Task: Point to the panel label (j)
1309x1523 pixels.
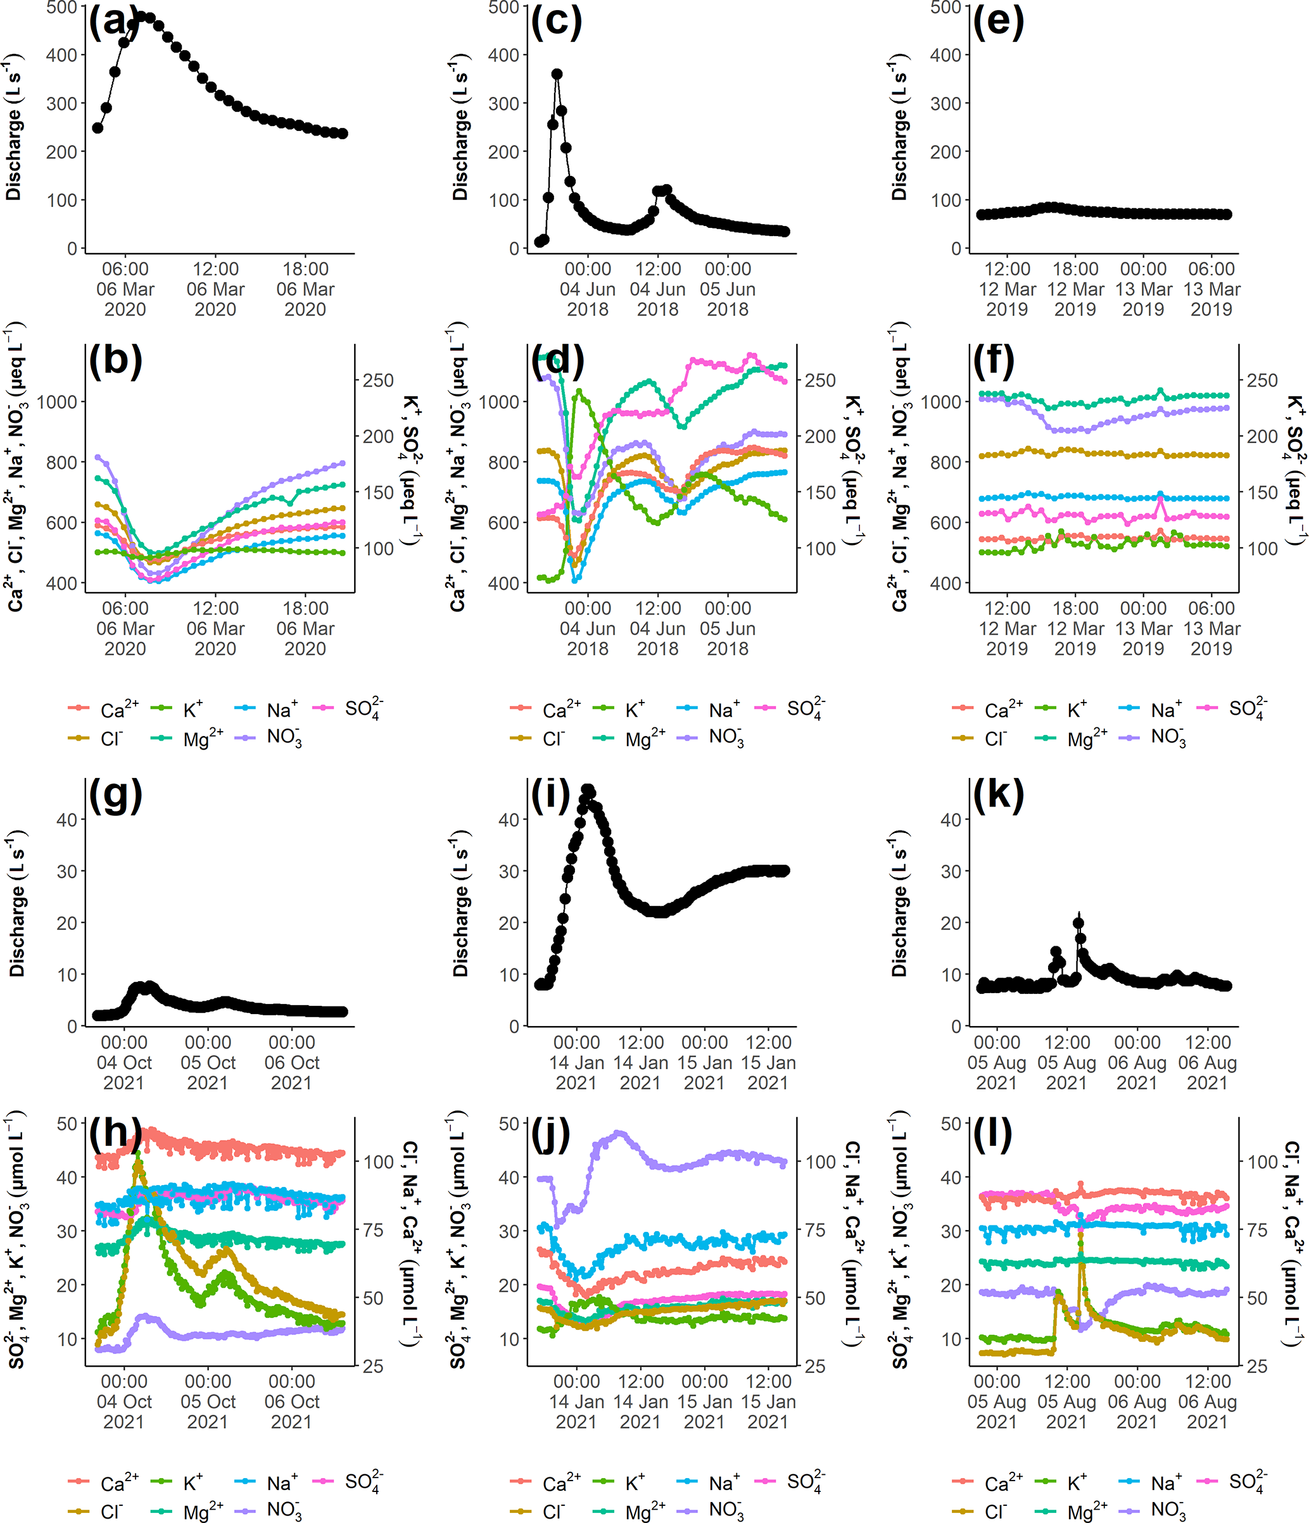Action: [x=550, y=1134]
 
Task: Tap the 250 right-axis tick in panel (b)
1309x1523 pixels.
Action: [x=378, y=381]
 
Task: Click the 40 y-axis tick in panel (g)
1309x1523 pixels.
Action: [x=67, y=820]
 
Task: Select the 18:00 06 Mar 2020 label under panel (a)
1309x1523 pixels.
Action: [x=305, y=289]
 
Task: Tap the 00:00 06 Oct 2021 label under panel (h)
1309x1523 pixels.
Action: [x=292, y=1401]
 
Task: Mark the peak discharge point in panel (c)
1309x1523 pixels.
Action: [x=557, y=74]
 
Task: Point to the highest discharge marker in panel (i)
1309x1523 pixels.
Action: [x=588, y=790]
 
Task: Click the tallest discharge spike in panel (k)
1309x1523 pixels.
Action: [x=1079, y=923]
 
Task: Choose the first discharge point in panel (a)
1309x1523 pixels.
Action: [x=98, y=128]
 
